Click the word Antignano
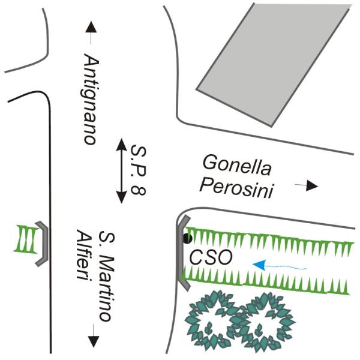point(91,100)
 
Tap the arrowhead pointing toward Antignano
point(91,27)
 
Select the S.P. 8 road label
point(138,170)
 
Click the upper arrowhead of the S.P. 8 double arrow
point(121,145)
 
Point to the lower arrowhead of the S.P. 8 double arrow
point(121,197)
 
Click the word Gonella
point(237,166)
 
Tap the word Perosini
point(236,188)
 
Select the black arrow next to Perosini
point(307,185)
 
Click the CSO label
point(211,257)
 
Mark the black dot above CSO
point(188,239)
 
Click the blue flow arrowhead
point(259,264)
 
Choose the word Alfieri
point(84,254)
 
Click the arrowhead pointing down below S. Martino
point(94,341)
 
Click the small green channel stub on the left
point(26,239)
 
